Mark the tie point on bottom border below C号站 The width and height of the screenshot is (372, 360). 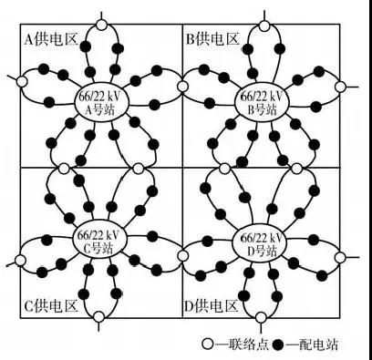99,318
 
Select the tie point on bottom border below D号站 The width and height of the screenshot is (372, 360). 261,318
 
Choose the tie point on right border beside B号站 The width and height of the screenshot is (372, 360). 340,87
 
